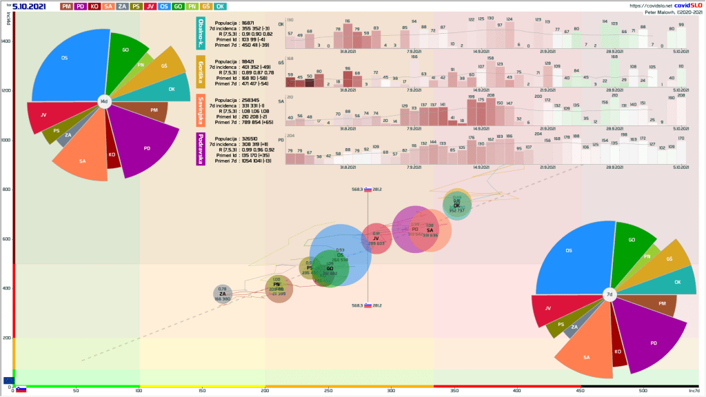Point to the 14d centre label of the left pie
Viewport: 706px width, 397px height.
104,102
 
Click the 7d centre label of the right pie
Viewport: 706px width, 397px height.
609,295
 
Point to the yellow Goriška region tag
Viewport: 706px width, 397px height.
201,72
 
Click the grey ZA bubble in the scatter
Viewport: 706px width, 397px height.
222,294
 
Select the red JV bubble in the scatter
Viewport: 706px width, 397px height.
376,238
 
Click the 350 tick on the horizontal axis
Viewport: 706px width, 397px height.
454,391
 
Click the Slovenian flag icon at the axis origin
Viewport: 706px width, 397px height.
21,389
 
